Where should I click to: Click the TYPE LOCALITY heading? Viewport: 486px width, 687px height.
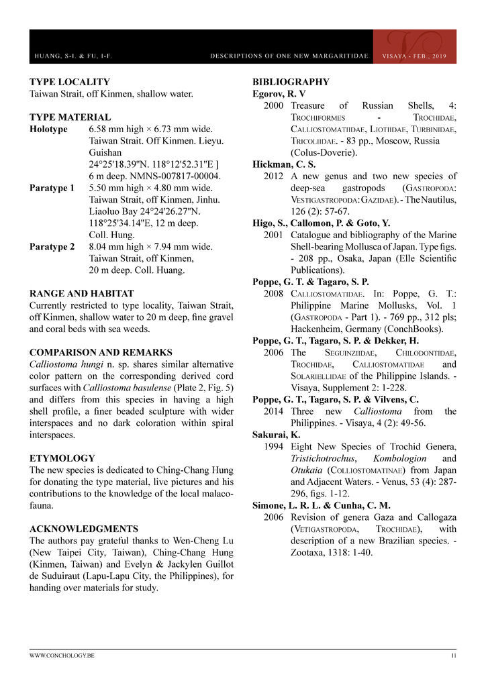pyautogui.click(x=70, y=82)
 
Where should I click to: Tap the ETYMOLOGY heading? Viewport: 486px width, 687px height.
pyautogui.click(x=62, y=458)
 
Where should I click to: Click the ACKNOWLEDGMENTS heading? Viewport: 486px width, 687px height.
pyautogui.click(x=84, y=529)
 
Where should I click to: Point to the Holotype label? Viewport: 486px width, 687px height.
pyautogui.click(x=48, y=129)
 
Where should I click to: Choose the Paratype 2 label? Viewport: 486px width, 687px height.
pyautogui.click(x=52, y=247)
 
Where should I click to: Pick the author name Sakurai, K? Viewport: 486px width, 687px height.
pyautogui.click(x=277, y=435)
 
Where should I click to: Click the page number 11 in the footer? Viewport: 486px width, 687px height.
pyautogui.click(x=453, y=655)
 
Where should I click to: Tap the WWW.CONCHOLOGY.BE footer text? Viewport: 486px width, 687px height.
pyautogui.click(x=62, y=655)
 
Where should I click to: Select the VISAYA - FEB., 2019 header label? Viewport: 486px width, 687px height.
pyautogui.click(x=414, y=56)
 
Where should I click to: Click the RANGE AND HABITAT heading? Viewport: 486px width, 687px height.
pyautogui.click(x=82, y=294)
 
